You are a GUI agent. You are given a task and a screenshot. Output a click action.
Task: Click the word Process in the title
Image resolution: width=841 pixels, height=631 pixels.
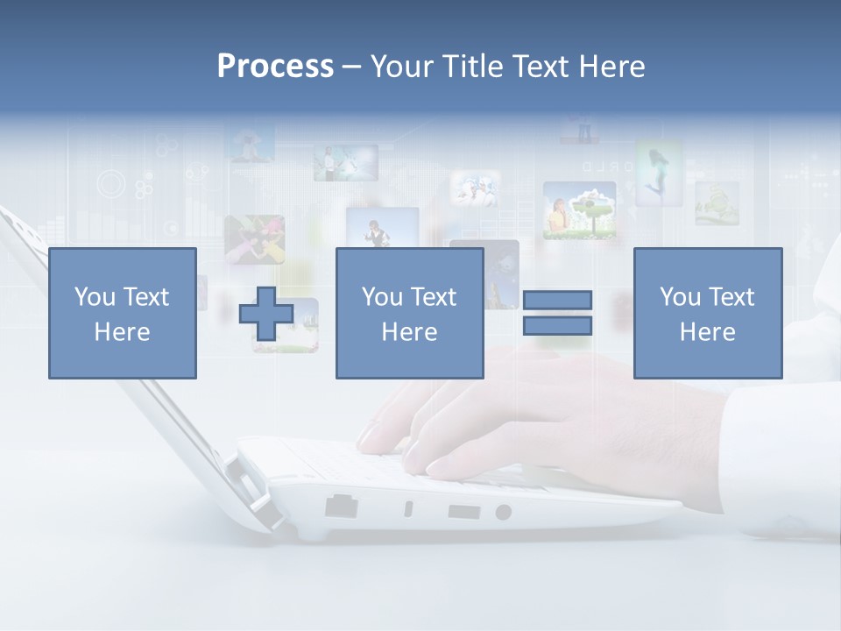[275, 67]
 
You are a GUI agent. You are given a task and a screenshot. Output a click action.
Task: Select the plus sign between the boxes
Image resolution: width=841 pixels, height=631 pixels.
[266, 313]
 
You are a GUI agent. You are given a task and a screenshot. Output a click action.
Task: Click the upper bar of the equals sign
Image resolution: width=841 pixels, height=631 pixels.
[557, 300]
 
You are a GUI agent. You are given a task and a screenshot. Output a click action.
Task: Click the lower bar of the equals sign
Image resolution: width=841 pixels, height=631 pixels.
[557, 326]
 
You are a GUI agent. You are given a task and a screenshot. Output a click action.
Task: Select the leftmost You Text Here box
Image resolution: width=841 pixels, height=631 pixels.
[123, 314]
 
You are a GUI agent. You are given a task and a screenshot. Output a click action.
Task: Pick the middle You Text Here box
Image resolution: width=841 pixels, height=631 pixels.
[410, 314]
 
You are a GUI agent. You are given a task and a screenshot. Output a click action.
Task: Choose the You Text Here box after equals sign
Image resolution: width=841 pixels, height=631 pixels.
[708, 314]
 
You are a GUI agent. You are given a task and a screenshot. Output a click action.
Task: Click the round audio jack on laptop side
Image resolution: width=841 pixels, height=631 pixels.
[503, 512]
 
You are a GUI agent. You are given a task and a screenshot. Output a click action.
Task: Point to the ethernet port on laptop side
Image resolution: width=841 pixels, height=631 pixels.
[341, 506]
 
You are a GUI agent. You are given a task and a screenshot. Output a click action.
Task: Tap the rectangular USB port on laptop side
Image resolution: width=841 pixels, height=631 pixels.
[463, 511]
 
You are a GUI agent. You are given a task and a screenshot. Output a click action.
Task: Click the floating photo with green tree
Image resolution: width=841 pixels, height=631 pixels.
[579, 210]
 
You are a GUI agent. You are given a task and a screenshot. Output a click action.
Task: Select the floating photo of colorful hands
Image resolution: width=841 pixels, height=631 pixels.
[254, 239]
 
